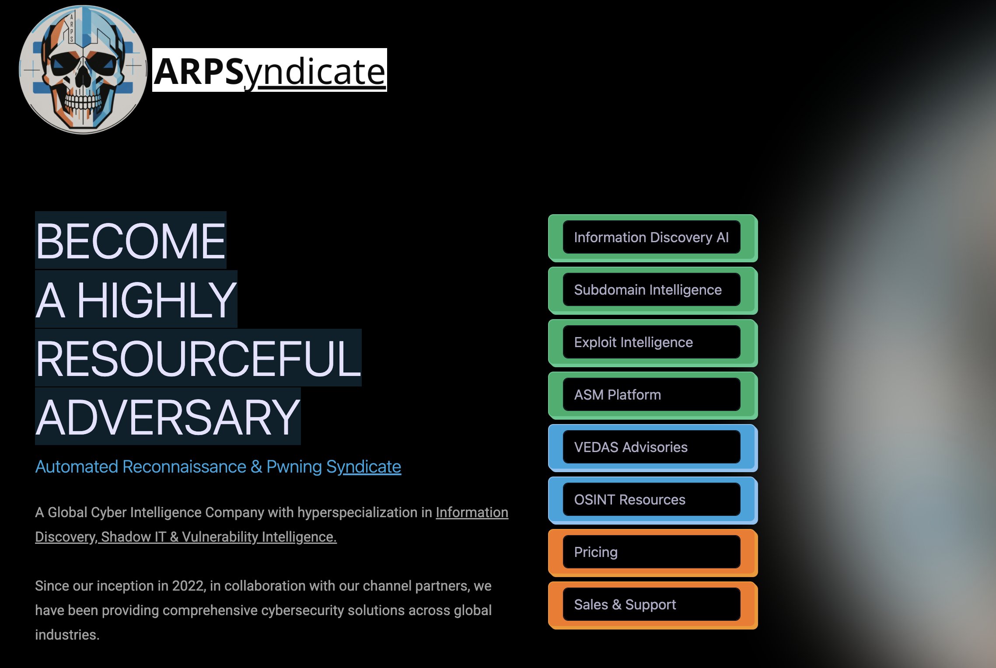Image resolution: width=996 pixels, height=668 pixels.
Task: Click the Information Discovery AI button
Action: tap(651, 237)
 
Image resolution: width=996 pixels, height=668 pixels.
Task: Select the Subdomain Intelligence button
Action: tap(651, 290)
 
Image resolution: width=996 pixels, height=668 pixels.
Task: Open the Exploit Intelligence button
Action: tap(651, 342)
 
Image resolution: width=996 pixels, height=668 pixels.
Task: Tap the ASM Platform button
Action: tap(651, 395)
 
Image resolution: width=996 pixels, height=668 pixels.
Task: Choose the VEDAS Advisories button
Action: tap(651, 447)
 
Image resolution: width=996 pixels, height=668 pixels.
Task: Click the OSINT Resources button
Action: tap(651, 500)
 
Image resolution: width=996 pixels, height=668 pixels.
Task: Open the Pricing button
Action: tap(651, 552)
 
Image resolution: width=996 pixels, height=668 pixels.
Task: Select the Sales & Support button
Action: tap(651, 605)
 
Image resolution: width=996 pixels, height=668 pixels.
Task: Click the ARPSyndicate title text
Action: tap(269, 71)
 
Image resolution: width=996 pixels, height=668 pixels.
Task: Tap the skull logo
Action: tap(83, 70)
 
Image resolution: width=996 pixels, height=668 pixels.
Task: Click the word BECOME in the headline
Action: tap(130, 241)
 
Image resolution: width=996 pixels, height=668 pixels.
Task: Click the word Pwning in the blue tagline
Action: tap(294, 467)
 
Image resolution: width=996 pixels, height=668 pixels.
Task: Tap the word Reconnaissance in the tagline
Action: tap(184, 467)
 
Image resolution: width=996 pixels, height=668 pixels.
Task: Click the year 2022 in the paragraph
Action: tap(188, 586)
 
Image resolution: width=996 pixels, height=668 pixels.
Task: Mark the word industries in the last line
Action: tap(67, 635)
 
